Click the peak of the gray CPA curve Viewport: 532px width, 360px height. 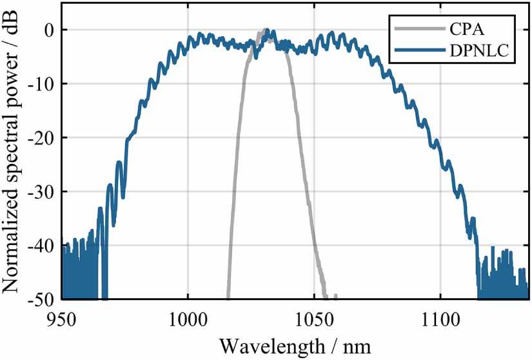pyautogui.click(x=266, y=30)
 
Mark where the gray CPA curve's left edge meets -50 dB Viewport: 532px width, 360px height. pyautogui.click(x=228, y=298)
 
